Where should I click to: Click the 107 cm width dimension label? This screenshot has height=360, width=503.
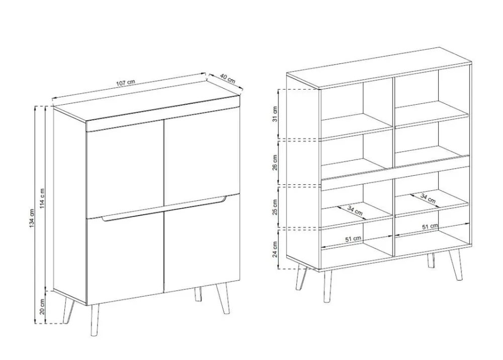click(x=125, y=83)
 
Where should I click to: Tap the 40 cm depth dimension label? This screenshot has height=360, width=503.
click(x=228, y=79)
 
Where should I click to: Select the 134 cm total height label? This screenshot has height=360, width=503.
click(x=32, y=219)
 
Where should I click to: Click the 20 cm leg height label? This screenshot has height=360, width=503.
click(x=42, y=307)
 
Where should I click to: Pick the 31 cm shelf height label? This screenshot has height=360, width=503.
click(x=275, y=114)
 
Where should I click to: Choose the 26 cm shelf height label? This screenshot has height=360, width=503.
click(x=275, y=163)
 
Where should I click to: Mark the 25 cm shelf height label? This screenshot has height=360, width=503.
click(x=275, y=207)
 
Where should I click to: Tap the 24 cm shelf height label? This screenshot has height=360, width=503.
click(x=275, y=250)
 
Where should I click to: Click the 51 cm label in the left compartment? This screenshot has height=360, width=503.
click(x=353, y=239)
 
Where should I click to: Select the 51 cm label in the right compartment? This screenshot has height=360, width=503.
click(x=430, y=227)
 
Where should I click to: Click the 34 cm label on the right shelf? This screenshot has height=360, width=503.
click(x=428, y=198)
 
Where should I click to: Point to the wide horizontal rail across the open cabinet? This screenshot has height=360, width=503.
click(x=395, y=173)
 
